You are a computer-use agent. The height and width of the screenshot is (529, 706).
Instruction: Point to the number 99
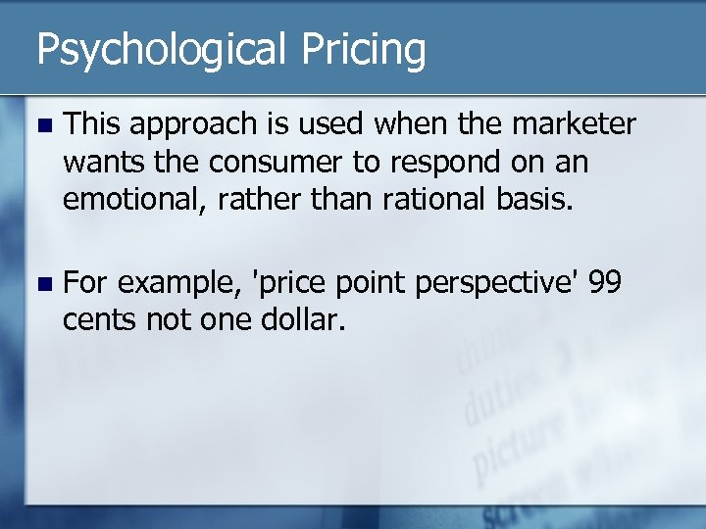point(606,283)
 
